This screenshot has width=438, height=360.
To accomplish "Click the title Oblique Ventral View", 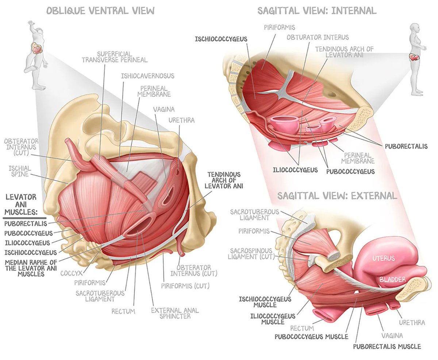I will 100,10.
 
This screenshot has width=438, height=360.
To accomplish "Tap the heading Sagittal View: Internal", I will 317,10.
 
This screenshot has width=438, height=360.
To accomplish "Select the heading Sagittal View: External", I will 337,196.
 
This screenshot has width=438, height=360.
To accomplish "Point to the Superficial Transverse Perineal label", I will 114,57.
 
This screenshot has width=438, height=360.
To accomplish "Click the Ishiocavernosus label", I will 147,76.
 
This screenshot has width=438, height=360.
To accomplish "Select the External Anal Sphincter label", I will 175,313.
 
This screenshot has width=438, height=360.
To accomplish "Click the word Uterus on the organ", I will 383,259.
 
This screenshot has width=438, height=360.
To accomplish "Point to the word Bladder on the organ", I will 392,279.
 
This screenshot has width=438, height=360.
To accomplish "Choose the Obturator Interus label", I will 318,37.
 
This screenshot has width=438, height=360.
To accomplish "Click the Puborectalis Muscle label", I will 387,347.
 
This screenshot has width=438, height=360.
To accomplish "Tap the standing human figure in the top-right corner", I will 416,58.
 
